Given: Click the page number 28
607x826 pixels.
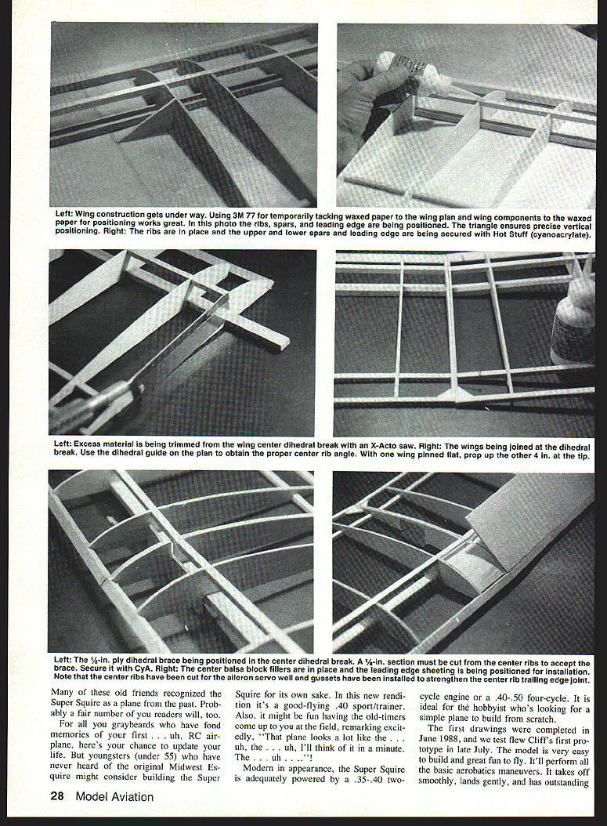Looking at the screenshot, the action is (57, 796).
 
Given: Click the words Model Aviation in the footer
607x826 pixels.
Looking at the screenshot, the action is (115, 796).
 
